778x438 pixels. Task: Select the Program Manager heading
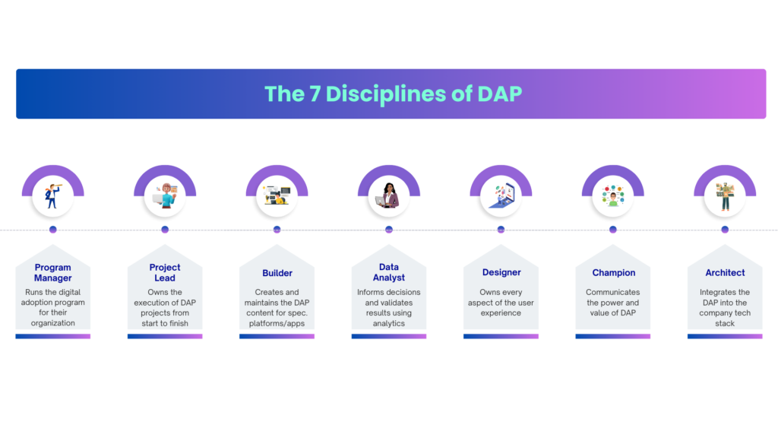point(53,272)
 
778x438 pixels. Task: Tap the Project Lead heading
point(165,272)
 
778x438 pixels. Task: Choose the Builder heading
point(277,273)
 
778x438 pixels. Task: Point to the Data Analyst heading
point(389,272)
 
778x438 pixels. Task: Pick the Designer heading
point(501,273)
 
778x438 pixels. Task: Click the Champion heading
point(614,273)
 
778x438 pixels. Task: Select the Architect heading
point(725,273)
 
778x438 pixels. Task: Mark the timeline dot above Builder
point(277,229)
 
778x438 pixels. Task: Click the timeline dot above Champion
point(613,229)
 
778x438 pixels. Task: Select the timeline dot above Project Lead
point(165,229)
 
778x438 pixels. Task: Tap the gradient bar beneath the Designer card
point(501,336)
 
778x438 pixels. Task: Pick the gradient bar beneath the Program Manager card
point(53,336)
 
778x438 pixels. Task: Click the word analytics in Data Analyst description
point(389,323)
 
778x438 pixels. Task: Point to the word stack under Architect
point(725,323)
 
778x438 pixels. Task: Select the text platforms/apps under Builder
point(277,323)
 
